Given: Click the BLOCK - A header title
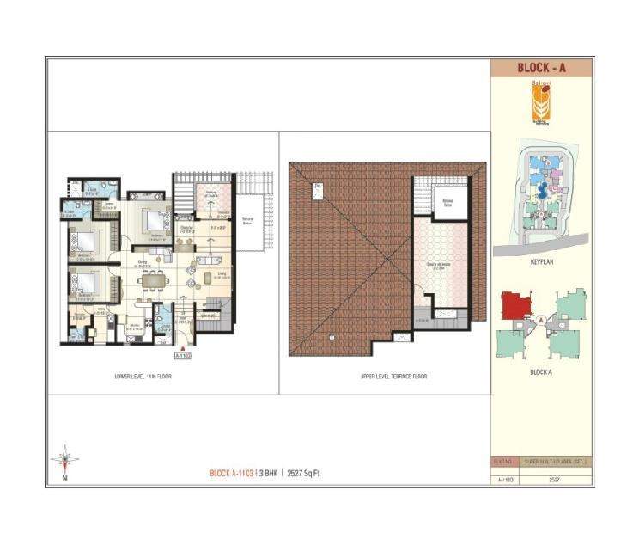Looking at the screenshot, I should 541,68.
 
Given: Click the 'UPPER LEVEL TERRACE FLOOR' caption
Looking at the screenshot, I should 394,376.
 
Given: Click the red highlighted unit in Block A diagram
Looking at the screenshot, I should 515,305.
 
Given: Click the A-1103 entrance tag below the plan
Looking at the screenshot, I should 182,353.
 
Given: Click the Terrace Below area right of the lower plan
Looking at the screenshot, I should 249,220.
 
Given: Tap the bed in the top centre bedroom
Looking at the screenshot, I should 155,221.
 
